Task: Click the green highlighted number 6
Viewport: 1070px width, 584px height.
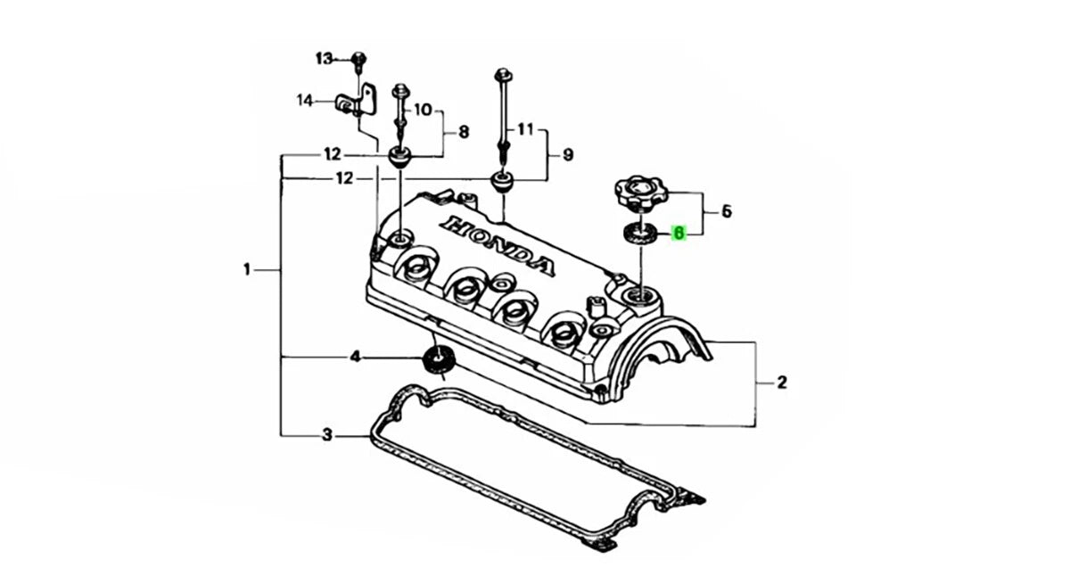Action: pos(679,234)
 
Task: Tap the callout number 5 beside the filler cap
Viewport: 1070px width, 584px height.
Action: pos(727,211)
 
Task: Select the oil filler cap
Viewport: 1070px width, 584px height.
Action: pos(640,192)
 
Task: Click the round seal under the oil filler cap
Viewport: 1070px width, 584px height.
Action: pos(640,234)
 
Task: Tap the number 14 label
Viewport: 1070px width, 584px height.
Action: pos(305,100)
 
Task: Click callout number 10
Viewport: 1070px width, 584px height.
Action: pos(423,110)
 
